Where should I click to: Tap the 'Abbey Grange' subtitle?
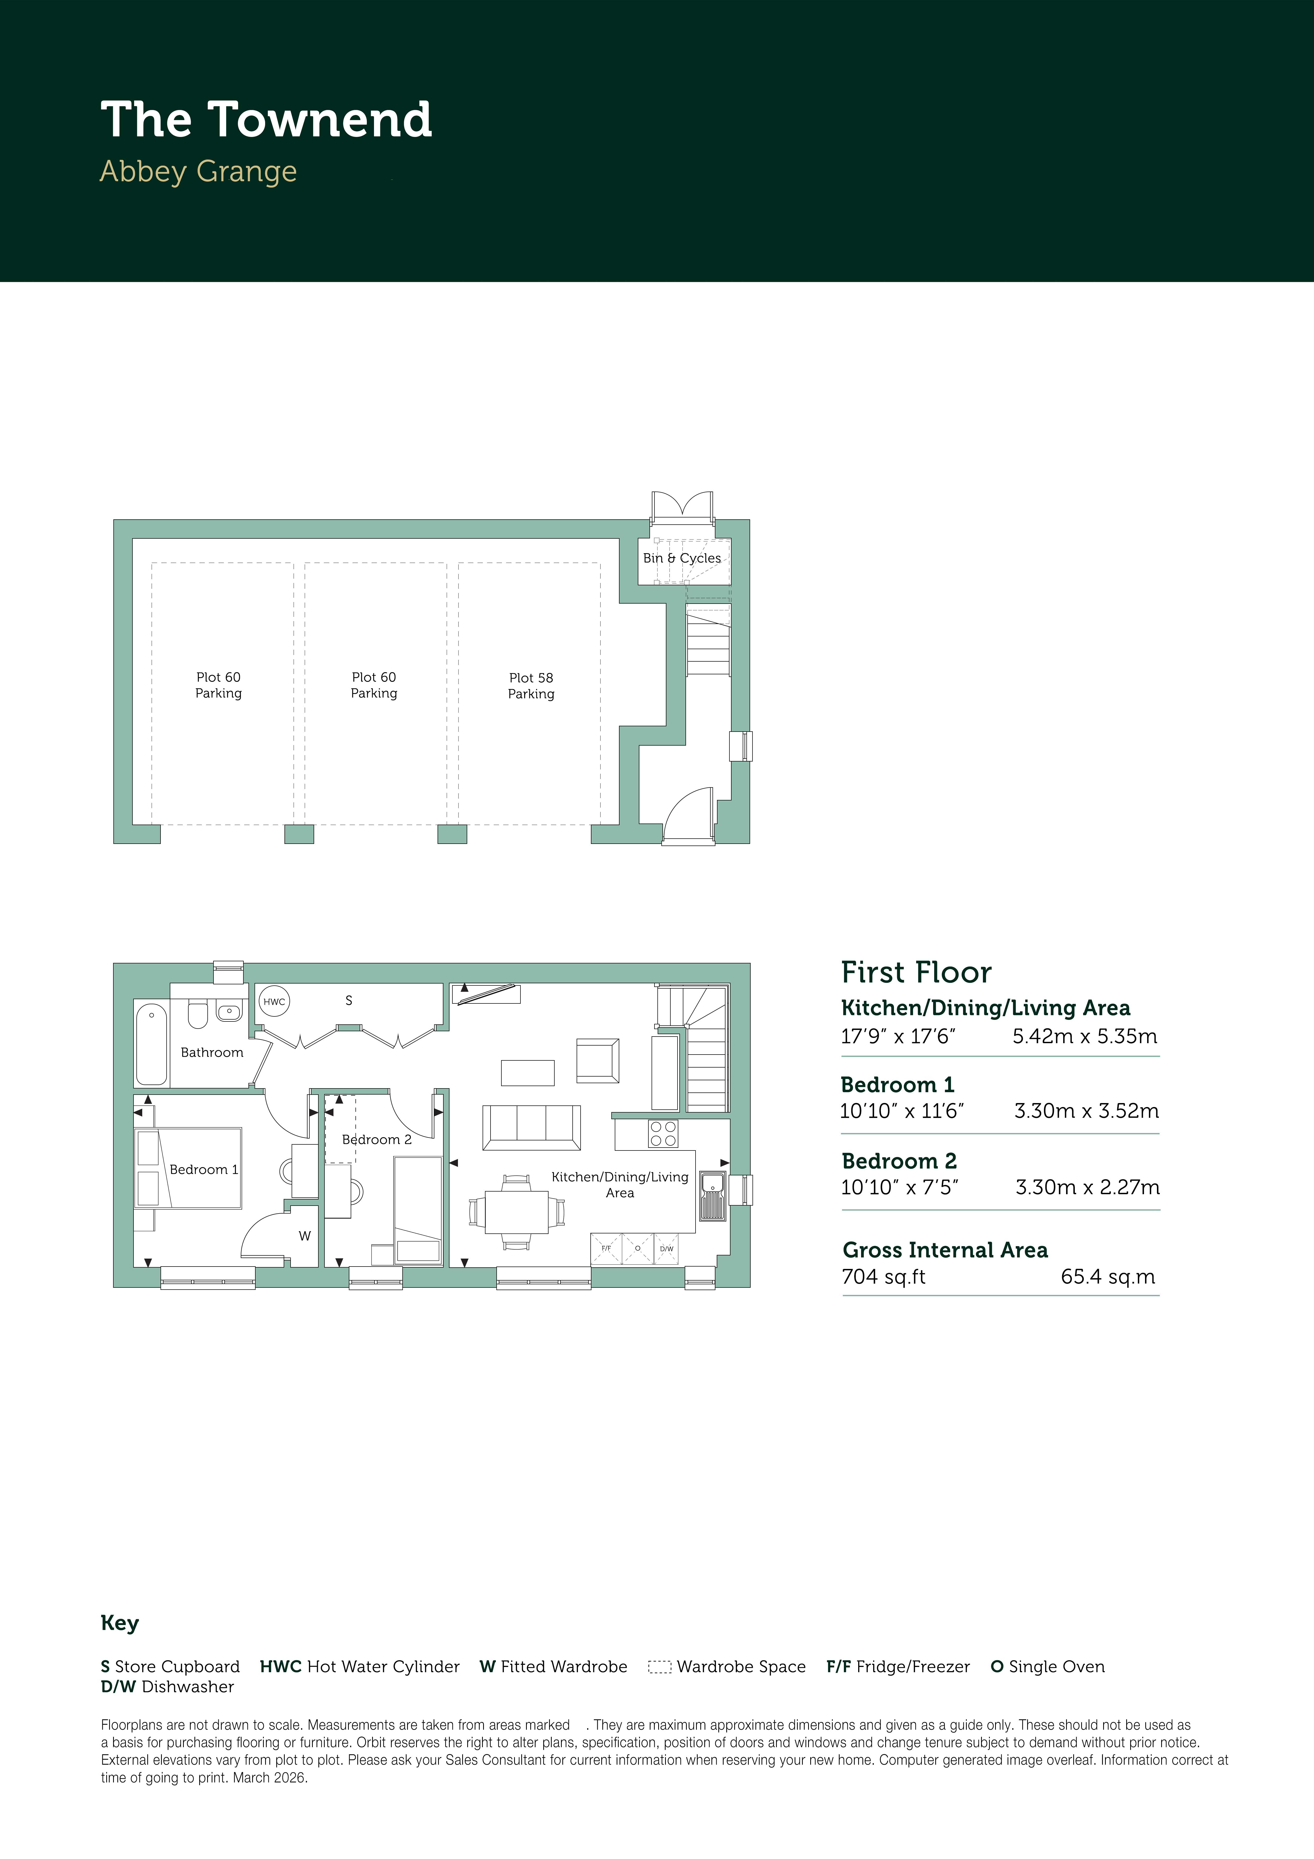(198, 172)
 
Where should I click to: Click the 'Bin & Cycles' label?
(682, 558)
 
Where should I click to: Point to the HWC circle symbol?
(274, 1002)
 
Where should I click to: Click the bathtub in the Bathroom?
(152, 1044)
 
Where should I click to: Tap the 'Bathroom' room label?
(212, 1052)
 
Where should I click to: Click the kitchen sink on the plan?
(712, 1196)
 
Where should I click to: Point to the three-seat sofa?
(531, 1127)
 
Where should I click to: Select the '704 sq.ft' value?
(883, 1277)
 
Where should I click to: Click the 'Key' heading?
(120, 1623)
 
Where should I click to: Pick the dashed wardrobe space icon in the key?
(660, 1667)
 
